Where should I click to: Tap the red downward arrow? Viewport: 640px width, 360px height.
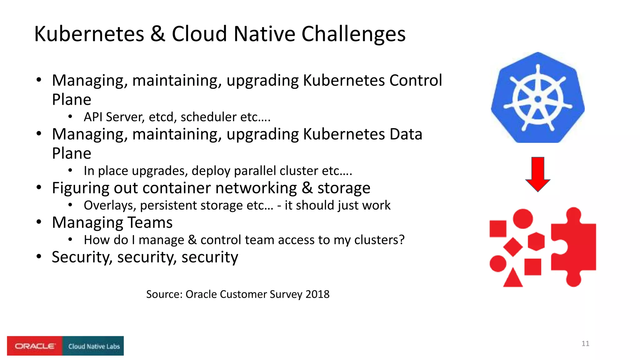tap(537, 173)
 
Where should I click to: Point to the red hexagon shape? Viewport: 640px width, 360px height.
tap(536, 242)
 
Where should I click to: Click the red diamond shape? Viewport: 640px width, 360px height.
tap(513, 247)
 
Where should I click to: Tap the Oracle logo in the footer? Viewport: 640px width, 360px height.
tap(35, 346)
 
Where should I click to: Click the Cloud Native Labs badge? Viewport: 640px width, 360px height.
tap(93, 346)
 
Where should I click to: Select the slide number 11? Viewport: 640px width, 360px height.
tap(585, 343)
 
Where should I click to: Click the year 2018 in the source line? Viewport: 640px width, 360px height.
tap(317, 294)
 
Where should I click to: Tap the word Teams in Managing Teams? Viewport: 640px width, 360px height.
tap(150, 222)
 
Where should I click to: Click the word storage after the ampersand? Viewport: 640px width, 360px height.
tap(344, 188)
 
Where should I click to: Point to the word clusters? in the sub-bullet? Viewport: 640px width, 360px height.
tap(379, 240)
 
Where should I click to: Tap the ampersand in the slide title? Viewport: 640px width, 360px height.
tap(158, 34)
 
